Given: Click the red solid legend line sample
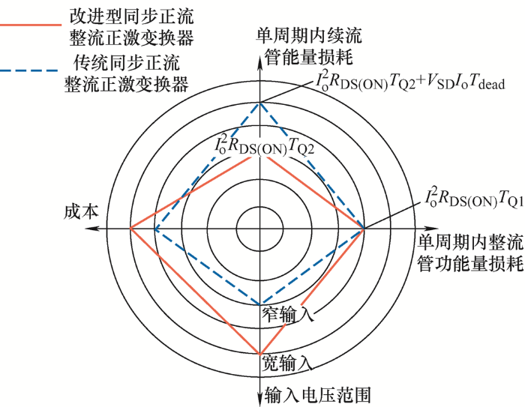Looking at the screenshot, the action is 31,25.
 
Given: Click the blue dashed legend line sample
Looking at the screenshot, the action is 28,71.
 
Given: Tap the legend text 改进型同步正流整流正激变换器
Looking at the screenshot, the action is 131,27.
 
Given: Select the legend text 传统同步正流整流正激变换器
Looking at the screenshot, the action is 126,73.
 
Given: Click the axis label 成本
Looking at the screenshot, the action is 81,211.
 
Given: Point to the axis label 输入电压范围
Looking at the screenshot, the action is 318,395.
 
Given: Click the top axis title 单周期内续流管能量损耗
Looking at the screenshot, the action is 309,46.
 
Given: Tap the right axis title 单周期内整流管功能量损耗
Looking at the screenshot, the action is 470,253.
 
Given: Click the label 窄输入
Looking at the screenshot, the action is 288,314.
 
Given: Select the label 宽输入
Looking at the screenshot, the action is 287,363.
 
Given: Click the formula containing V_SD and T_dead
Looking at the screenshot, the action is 409,82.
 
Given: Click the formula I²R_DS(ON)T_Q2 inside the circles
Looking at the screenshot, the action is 264,145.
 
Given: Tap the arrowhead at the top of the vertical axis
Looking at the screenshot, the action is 259,61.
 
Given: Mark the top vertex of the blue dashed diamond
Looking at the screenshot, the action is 259,103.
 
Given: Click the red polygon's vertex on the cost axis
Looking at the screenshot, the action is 130,228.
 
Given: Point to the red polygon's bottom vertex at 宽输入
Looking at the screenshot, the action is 259,354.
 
